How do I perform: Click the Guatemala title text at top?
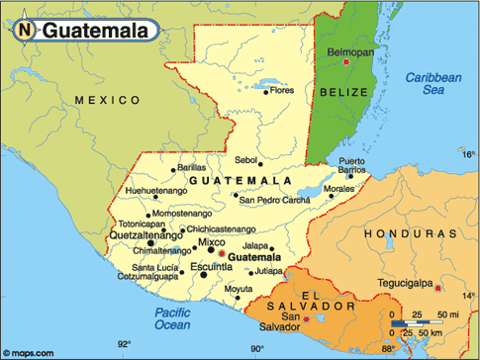pyautogui.click(x=96, y=31)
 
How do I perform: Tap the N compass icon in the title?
pyautogui.click(x=24, y=31)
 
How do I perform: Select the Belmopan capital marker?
pyautogui.click(x=346, y=62)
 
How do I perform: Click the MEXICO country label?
pyautogui.click(x=109, y=100)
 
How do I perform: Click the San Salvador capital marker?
pyautogui.click(x=307, y=319)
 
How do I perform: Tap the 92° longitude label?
pyautogui.click(x=124, y=345)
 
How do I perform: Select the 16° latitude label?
pyautogui.click(x=468, y=154)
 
